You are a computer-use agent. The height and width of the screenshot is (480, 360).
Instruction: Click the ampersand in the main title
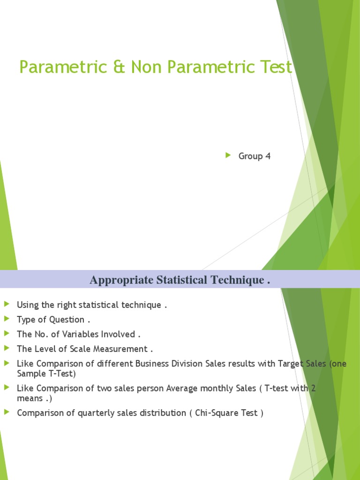(x=120, y=67)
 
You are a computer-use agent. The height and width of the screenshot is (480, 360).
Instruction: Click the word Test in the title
(x=275, y=67)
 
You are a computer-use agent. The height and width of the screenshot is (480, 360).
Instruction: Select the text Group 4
(x=255, y=156)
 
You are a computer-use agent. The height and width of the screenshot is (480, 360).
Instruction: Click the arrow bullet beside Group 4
(x=228, y=156)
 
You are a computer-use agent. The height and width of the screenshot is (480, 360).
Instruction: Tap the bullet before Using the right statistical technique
(x=7, y=305)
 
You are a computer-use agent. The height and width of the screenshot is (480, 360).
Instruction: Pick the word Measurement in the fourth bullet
(x=120, y=349)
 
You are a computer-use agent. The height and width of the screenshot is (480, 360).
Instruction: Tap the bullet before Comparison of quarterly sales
(x=7, y=412)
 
